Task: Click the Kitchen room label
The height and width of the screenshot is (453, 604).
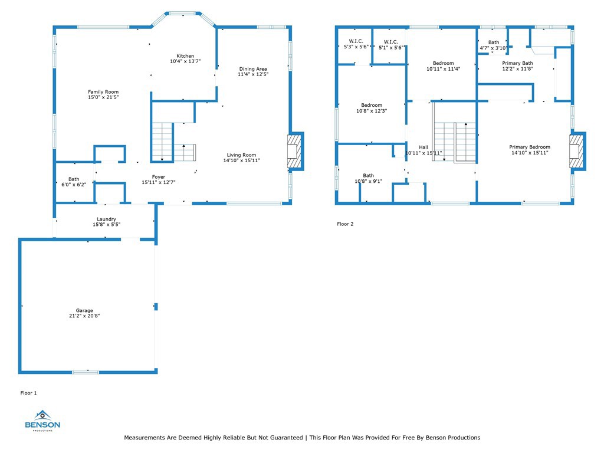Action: tap(185, 56)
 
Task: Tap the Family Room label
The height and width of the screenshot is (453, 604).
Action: tap(103, 91)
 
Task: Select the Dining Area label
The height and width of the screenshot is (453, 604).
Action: tap(253, 69)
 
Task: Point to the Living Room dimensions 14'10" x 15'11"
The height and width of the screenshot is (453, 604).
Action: tap(241, 160)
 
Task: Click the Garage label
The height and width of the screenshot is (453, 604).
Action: tap(84, 310)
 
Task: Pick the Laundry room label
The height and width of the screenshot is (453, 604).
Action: tap(106, 219)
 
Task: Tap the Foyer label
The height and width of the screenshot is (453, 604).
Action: tap(159, 177)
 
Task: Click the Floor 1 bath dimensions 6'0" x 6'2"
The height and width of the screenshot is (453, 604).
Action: tap(74, 185)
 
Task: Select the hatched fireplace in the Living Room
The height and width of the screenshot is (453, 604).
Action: tap(295, 152)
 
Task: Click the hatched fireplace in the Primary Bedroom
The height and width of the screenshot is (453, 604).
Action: tap(577, 152)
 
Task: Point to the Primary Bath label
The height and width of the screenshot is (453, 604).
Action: tap(518, 63)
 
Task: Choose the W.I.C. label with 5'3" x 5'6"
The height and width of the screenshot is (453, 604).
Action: tap(356, 41)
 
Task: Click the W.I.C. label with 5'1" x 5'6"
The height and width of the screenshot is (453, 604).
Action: tap(391, 42)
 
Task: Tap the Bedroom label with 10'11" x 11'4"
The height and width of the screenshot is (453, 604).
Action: tap(444, 63)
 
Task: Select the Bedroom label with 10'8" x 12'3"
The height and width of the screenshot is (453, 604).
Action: tap(372, 105)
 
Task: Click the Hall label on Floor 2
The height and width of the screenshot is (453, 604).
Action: tap(424, 147)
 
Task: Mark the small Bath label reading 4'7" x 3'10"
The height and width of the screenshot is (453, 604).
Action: tap(494, 42)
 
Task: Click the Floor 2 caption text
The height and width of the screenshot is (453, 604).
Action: tap(345, 224)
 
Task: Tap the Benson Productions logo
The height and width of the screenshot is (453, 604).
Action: tap(42, 421)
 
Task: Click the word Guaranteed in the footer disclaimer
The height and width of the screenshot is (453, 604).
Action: tap(286, 438)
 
